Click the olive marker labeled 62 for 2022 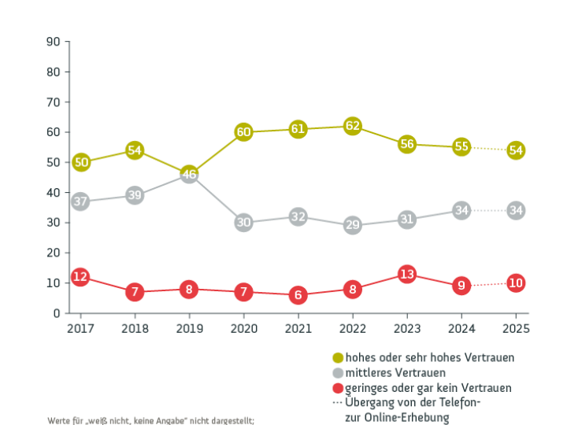[x=353, y=126]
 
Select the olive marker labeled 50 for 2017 [x=80, y=162]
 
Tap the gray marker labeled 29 [x=353, y=226]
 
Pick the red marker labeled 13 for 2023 [x=407, y=274]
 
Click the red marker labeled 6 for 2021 [x=298, y=295]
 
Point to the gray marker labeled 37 [x=80, y=201]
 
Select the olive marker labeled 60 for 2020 [x=244, y=132]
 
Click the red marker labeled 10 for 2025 [x=516, y=283]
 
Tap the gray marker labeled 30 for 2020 [x=244, y=223]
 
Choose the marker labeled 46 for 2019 [x=189, y=175]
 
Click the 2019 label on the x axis [x=189, y=328]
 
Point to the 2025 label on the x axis [x=516, y=328]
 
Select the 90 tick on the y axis [x=54, y=42]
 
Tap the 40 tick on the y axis [x=54, y=193]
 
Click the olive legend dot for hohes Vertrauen [x=339, y=358]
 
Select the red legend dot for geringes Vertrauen [x=339, y=388]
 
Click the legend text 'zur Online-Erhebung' [x=398, y=417]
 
